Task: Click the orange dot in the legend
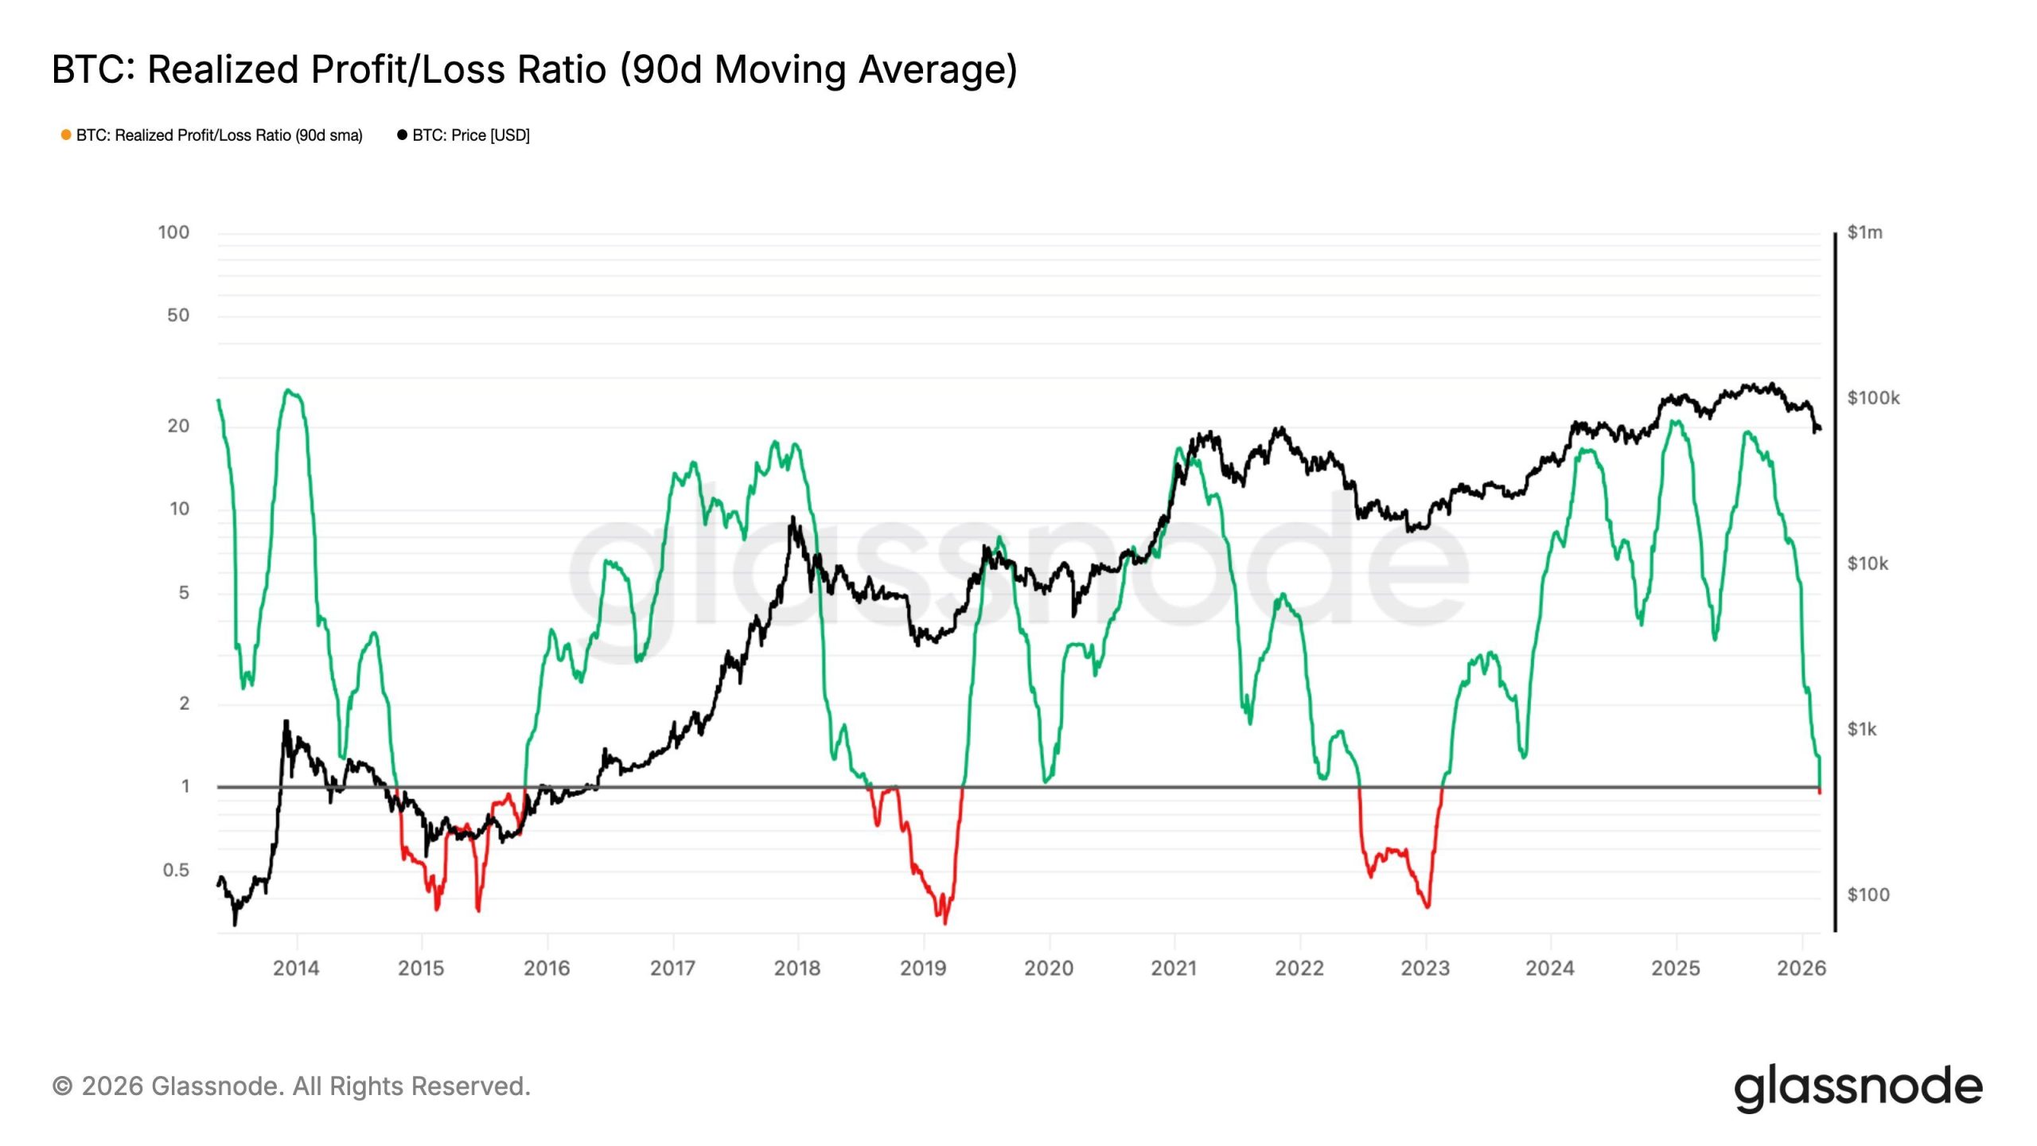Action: pos(66,135)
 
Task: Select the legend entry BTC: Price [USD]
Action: pos(470,135)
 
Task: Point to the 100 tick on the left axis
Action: pos(173,232)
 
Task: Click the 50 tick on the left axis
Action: pos(178,315)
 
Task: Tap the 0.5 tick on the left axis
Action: pos(176,870)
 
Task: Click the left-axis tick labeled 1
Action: pos(185,786)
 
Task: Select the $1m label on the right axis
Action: pos(1864,232)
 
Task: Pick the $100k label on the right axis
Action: pos(1873,398)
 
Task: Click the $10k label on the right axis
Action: pos(1868,563)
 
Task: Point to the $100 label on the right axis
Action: pos(1868,895)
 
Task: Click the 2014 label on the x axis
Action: pos(296,969)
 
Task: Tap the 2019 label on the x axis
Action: pos(923,969)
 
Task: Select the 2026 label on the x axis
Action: pos(1801,969)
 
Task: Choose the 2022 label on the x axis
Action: pos(1299,969)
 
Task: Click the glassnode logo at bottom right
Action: pos(1858,1088)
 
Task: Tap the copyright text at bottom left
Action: pos(291,1086)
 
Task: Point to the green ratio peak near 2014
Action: pos(289,390)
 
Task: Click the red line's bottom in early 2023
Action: pos(1427,906)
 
